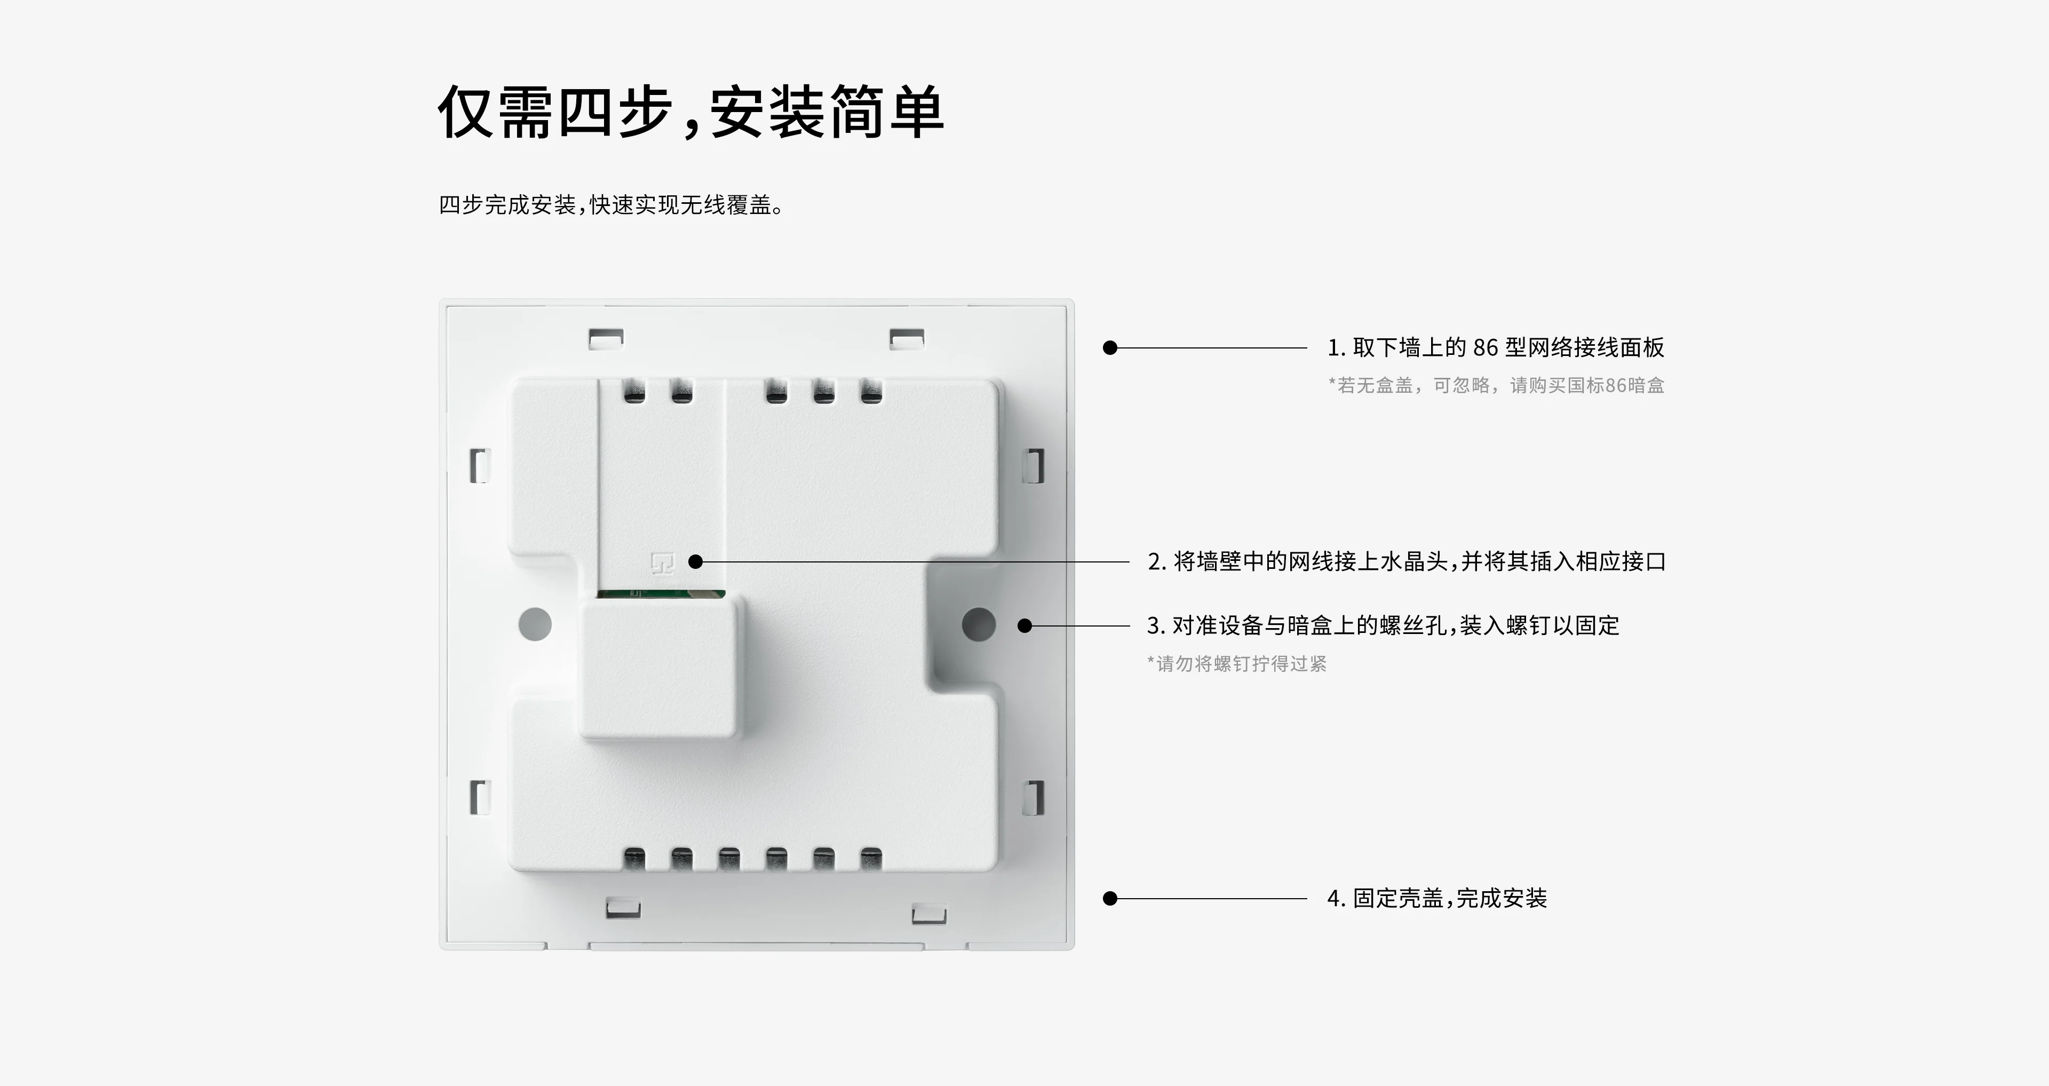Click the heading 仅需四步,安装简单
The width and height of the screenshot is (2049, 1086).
coord(690,112)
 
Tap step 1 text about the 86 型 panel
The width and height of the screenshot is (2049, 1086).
coord(1495,347)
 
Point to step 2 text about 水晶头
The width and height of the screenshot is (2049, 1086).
coord(1407,562)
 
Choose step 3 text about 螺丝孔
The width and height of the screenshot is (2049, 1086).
coord(1383,626)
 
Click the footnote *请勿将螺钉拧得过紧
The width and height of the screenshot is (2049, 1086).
coord(1237,663)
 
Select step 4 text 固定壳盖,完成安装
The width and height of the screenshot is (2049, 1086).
coord(1436,898)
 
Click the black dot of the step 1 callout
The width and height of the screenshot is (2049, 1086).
coord(1110,347)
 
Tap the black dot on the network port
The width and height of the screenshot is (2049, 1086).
coord(695,562)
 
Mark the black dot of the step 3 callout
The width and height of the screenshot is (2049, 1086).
coord(1025,626)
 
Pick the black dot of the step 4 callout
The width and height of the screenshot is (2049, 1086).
coord(1110,898)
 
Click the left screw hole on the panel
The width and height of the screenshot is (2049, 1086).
coord(535,624)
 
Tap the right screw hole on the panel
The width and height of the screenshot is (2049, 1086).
coord(979,624)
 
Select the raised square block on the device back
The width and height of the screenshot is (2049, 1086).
coord(658,668)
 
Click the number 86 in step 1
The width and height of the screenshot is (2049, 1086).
coord(1485,347)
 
